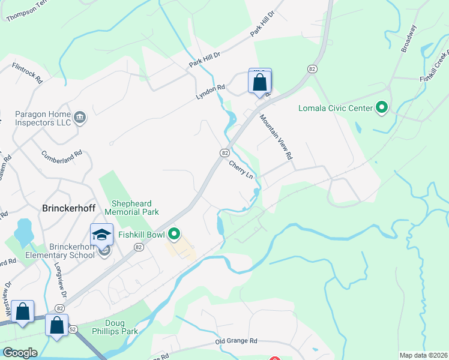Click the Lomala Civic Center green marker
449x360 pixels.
pyautogui.click(x=381, y=109)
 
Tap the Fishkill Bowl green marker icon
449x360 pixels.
pyautogui.click(x=175, y=233)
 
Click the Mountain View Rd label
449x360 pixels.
pyautogui.click(x=276, y=137)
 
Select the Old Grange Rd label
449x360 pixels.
pyautogui.click(x=237, y=341)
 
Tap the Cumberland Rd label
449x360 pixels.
pyautogui.click(x=61, y=157)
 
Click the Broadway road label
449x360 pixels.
pyautogui.click(x=408, y=38)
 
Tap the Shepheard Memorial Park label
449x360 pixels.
pyautogui.click(x=131, y=208)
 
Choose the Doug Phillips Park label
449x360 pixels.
pyautogui.click(x=115, y=327)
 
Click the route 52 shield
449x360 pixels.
pyautogui.click(x=73, y=329)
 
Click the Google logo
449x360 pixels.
pyautogui.click(x=20, y=353)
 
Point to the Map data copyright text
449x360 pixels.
pyautogui.click(x=423, y=355)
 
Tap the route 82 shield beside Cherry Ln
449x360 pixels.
pyautogui.click(x=224, y=153)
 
